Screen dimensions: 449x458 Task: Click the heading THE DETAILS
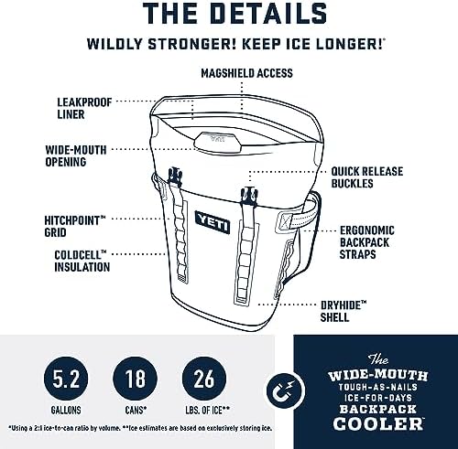tap(229, 15)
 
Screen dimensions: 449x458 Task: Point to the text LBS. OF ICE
tap(206, 407)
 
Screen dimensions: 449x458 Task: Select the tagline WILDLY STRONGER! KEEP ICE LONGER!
tap(229, 43)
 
